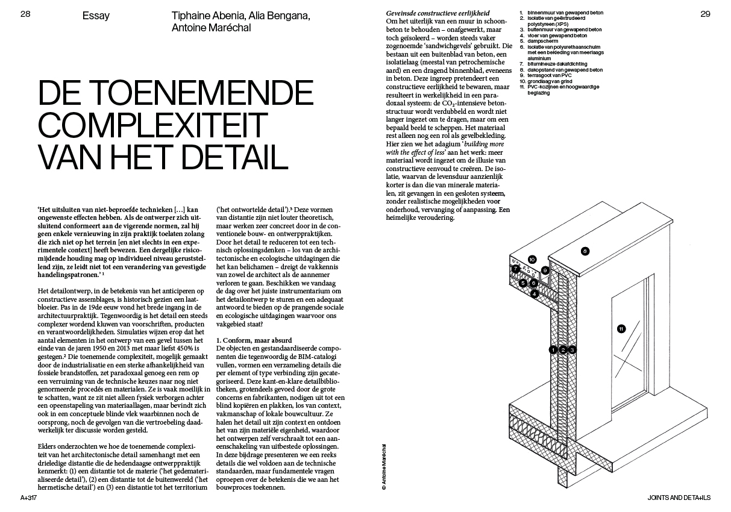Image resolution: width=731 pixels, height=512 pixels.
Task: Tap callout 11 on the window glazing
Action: point(621,328)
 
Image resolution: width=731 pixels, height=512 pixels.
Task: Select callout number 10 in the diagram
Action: point(532,260)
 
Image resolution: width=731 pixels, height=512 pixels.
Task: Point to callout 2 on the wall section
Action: point(562,349)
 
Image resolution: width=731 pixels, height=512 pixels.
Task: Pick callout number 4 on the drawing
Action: point(534,293)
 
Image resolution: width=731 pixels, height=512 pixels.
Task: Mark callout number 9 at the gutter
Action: point(545,270)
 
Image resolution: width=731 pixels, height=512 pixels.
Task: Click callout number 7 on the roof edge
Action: point(516,269)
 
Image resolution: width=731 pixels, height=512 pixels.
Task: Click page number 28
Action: point(25,14)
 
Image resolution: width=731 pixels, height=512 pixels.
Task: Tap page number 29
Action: point(706,14)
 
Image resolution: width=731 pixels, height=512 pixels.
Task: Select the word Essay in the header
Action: point(96,16)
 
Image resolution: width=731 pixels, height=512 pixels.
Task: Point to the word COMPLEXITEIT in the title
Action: point(152,125)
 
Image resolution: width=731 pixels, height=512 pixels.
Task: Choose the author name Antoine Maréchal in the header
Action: point(209,28)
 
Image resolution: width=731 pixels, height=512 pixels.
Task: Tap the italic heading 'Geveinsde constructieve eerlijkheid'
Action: point(438,13)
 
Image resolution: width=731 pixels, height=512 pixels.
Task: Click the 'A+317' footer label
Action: point(29,498)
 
